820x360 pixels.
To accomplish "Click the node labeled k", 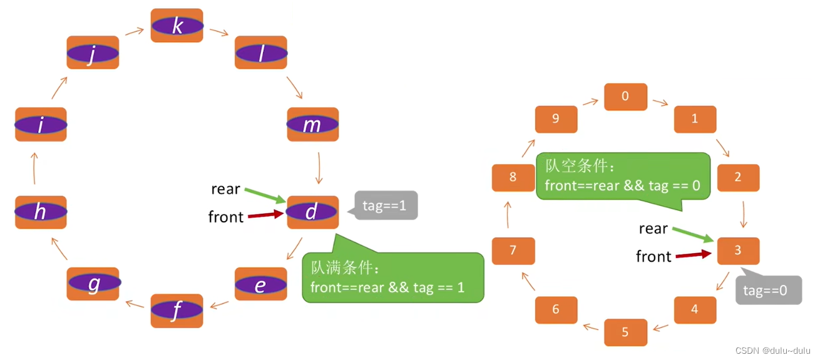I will [x=177, y=26].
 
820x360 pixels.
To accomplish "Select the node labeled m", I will [x=312, y=125].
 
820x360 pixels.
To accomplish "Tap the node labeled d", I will [x=312, y=212].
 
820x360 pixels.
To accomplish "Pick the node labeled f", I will [x=177, y=311].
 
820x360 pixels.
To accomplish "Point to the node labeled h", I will [x=41, y=212].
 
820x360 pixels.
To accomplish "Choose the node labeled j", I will [x=93, y=53].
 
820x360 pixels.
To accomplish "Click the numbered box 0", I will [x=625, y=97].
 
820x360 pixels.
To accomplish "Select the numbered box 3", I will [x=738, y=250].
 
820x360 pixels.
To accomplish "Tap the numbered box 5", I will [x=625, y=332].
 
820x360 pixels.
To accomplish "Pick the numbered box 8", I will [x=513, y=177].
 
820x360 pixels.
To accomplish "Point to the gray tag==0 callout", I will [x=768, y=291].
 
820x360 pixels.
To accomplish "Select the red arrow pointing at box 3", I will [x=694, y=255].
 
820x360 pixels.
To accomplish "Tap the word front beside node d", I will [x=226, y=217].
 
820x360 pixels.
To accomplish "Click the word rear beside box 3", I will [x=653, y=229].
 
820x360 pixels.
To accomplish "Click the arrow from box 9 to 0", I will [x=590, y=101].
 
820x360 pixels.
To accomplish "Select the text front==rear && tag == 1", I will [x=387, y=287].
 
